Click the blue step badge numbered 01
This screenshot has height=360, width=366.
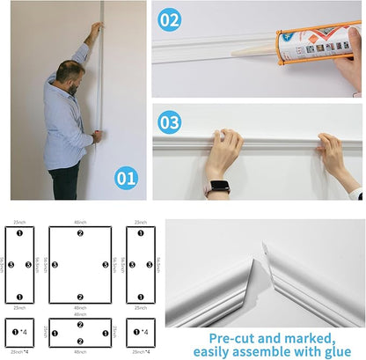click(126, 178)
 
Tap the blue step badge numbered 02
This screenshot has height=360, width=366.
click(171, 19)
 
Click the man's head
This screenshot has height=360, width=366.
click(72, 76)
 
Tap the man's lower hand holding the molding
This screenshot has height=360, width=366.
click(97, 136)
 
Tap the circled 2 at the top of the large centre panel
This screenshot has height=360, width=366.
click(80, 233)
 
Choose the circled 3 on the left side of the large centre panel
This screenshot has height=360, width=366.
click(55, 264)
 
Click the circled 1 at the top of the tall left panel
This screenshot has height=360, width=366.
click(19, 233)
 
